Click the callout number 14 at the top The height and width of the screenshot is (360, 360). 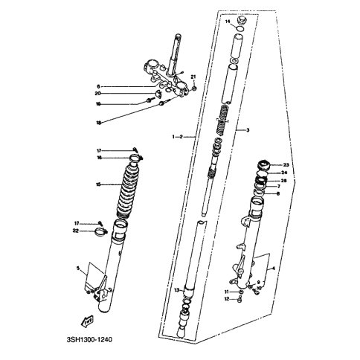tap(228, 22)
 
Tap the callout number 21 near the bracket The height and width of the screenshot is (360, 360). tap(193, 78)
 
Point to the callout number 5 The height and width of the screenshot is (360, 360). tap(77, 268)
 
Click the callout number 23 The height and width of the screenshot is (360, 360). tap(286, 165)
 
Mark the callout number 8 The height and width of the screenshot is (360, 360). tap(279, 194)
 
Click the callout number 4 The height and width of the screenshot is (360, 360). tap(274, 268)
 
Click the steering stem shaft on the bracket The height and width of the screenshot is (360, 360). tap(179, 52)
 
